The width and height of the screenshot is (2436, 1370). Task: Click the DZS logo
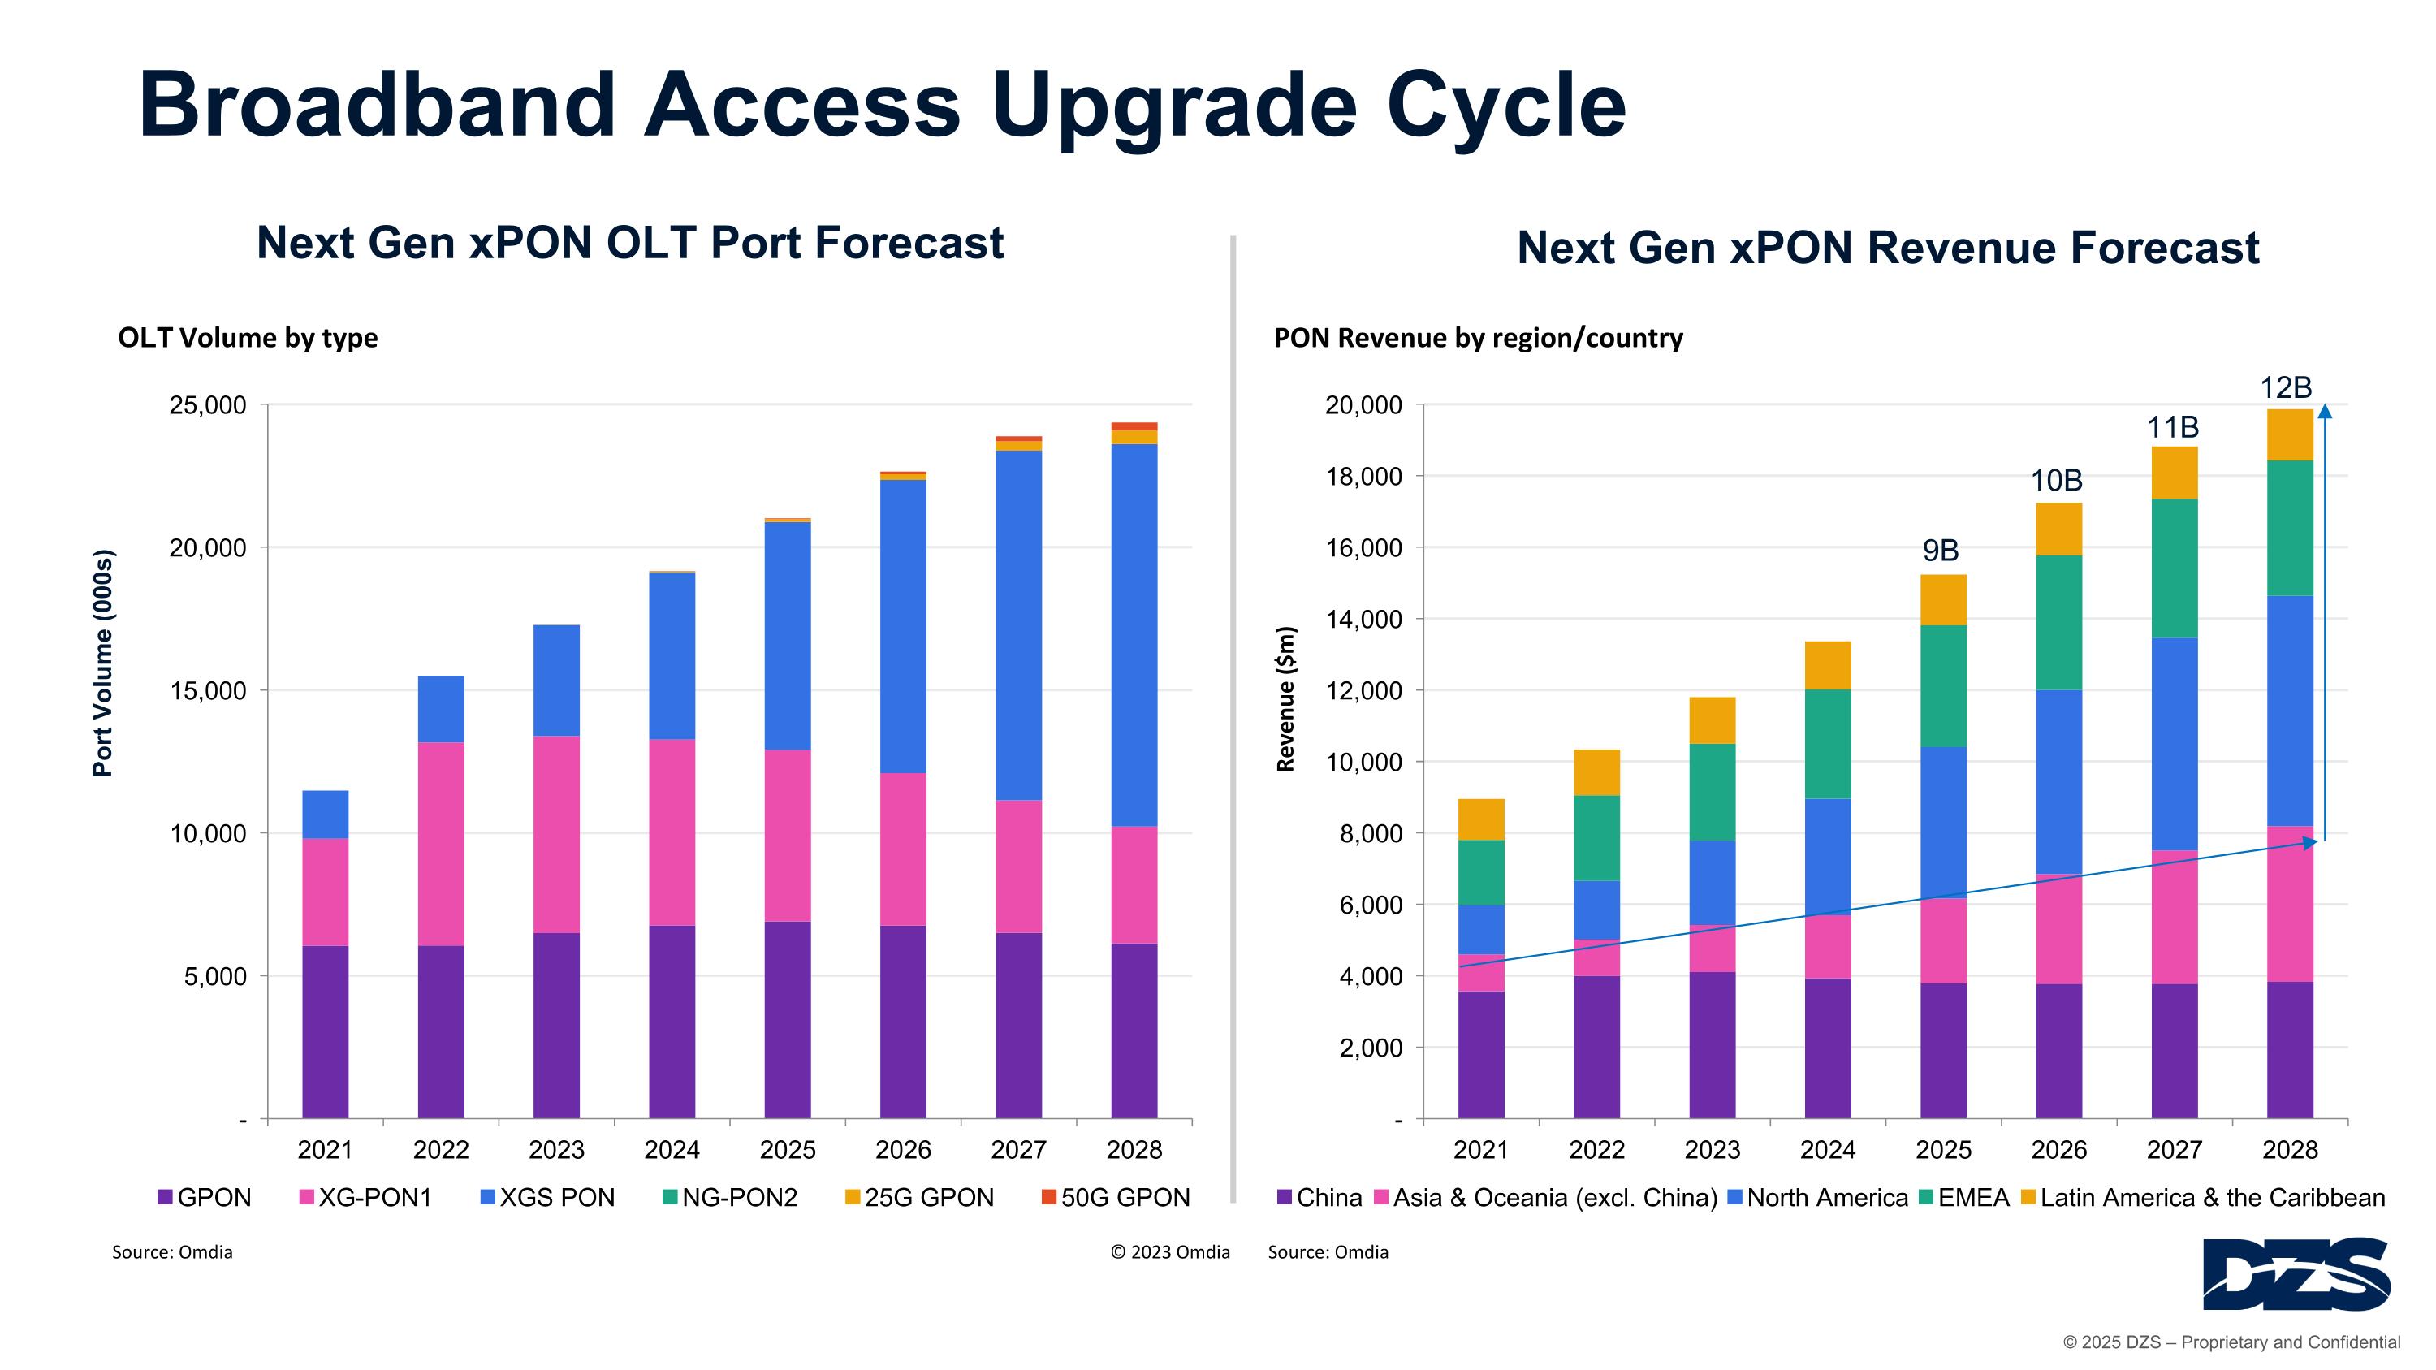(x=2296, y=1273)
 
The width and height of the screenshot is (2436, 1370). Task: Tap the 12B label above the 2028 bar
(x=2285, y=387)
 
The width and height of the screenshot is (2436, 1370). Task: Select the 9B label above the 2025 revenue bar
(x=1940, y=551)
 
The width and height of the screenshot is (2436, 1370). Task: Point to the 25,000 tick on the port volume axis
(x=207, y=405)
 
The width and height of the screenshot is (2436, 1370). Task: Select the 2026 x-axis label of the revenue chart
(x=2058, y=1150)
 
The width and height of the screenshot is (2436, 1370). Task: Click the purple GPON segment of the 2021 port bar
(x=326, y=1031)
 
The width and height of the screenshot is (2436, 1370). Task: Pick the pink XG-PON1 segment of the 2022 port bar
(x=441, y=844)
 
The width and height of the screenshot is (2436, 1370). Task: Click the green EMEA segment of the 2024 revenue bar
(x=1827, y=744)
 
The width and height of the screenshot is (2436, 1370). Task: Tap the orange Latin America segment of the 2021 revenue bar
(x=1481, y=819)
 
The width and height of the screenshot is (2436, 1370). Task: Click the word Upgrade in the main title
(x=1173, y=106)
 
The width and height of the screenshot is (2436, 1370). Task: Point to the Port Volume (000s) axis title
(x=102, y=663)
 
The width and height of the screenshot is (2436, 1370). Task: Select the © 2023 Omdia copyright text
(x=1170, y=1251)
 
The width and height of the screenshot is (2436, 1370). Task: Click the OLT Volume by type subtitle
(x=248, y=338)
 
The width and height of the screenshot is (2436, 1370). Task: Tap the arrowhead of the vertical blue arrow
(x=2325, y=411)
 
